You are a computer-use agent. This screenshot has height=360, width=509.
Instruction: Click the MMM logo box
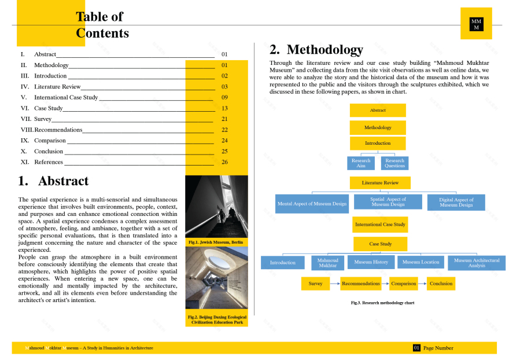tap(476, 24)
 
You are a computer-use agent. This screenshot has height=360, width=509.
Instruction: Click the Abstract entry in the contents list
tap(45, 54)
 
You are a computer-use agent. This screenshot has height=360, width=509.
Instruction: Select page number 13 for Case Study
tap(224, 108)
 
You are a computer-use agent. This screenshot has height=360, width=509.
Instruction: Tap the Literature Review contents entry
tap(57, 87)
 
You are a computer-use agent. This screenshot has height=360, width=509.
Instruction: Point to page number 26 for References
tap(224, 162)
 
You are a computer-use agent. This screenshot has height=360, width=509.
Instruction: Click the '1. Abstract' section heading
tap(53, 181)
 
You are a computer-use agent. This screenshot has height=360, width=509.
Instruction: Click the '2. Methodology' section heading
tap(316, 50)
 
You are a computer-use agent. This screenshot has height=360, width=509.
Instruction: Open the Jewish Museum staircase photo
tap(216, 206)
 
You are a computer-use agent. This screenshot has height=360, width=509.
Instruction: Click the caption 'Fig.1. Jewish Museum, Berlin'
tap(216, 241)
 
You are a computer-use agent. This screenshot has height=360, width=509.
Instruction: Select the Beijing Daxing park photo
tap(216, 278)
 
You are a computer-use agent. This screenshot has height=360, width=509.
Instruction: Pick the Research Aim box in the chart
tap(361, 163)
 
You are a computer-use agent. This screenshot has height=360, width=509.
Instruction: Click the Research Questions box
tap(394, 163)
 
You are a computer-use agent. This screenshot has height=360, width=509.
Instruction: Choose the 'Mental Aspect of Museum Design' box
tap(312, 204)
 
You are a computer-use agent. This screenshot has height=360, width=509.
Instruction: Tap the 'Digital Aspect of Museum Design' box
tap(456, 203)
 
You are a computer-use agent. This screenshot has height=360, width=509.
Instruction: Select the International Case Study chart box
tap(380, 224)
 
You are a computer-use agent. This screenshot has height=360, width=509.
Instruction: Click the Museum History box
tap(371, 262)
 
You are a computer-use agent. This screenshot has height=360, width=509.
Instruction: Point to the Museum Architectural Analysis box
tap(477, 263)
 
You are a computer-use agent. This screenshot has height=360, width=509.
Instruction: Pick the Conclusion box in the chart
tap(441, 284)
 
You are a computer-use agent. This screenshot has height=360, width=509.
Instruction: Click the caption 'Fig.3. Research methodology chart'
tap(382, 303)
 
